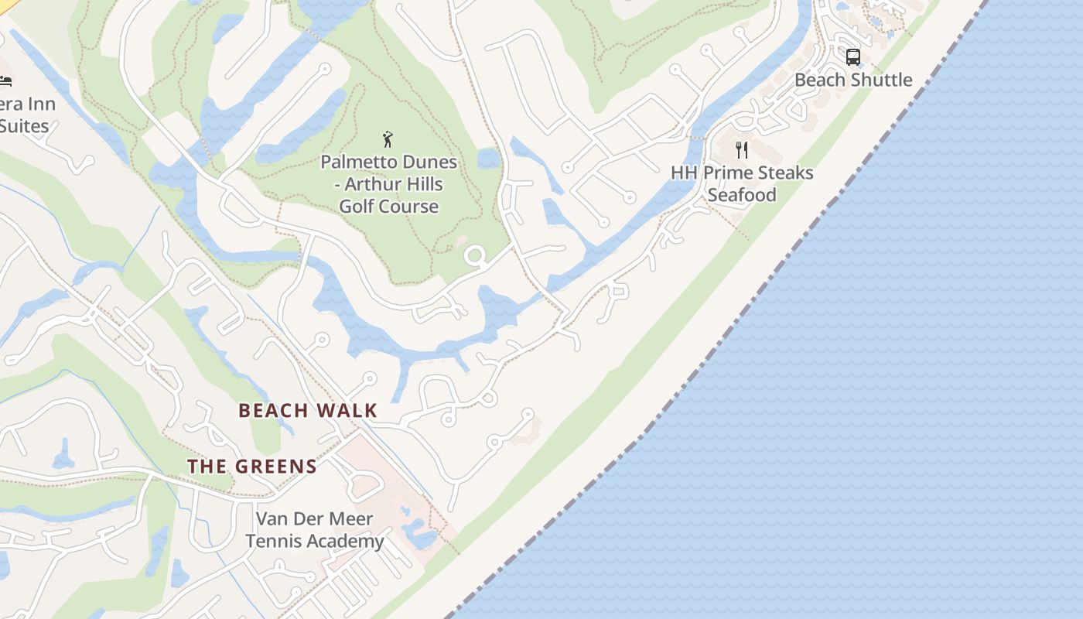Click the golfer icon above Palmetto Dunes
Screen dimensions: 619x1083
388,139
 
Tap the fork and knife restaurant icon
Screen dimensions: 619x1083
742,149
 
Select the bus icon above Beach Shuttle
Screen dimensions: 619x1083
852,57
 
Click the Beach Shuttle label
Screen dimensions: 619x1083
853,80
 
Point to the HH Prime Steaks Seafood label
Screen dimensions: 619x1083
742,183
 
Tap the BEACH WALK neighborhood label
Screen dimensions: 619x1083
308,411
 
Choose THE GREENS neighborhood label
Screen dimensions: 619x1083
252,467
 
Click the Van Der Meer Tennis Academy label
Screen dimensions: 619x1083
314,530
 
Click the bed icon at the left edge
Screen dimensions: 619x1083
5,80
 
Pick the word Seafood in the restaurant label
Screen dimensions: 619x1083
742,195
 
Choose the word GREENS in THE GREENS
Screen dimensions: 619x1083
276,467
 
